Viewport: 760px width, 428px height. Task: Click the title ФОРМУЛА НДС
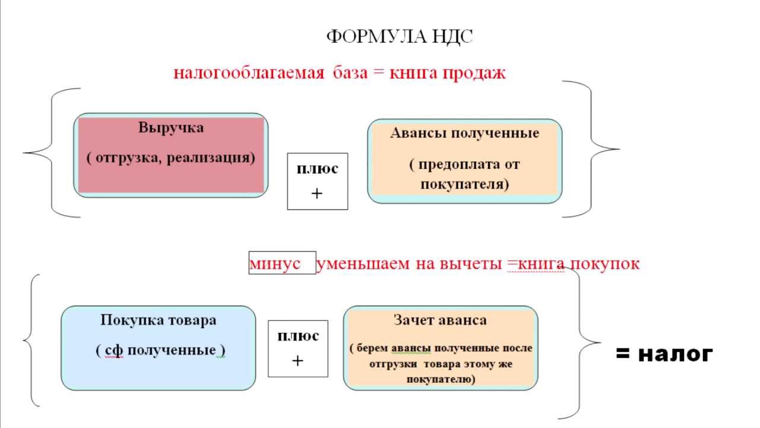click(x=400, y=37)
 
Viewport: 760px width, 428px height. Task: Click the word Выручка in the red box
click(x=171, y=128)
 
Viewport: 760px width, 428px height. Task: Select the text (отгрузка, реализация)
click(x=170, y=158)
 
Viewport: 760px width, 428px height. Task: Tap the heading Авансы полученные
click(x=464, y=133)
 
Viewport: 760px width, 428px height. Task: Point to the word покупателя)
click(x=465, y=184)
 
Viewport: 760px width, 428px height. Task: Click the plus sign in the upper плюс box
click(x=317, y=194)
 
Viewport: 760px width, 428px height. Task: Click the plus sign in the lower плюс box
click(x=297, y=361)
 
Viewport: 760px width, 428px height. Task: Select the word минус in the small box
click(x=275, y=264)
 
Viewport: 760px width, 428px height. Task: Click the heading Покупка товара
click(x=159, y=320)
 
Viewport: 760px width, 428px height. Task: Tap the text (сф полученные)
click(x=160, y=350)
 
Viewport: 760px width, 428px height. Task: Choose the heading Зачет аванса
click(x=440, y=320)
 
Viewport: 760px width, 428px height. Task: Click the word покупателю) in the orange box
click(x=441, y=379)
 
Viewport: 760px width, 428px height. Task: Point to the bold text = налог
click(x=664, y=354)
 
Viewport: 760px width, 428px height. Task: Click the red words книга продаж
click(x=447, y=73)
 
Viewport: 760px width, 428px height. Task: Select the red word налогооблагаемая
click(x=249, y=73)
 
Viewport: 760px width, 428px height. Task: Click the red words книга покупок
click(x=578, y=263)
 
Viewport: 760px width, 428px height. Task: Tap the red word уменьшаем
click(x=363, y=264)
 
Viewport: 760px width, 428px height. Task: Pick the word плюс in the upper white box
click(x=317, y=169)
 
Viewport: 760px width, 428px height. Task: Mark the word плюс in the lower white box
click(x=298, y=336)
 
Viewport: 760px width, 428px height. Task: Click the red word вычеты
click(x=471, y=264)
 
